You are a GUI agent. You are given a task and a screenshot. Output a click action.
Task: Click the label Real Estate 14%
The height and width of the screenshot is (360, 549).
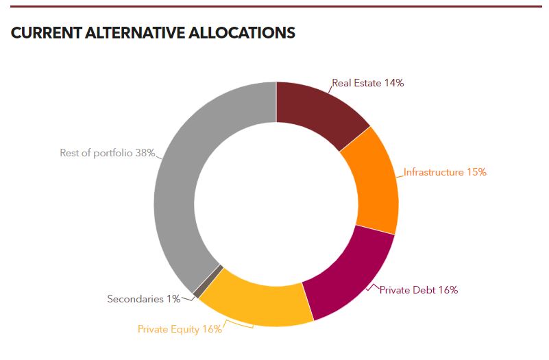click(368, 83)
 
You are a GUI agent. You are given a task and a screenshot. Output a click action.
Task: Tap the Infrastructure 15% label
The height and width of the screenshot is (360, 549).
click(445, 172)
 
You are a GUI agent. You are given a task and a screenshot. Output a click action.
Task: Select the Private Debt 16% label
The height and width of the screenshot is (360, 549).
click(418, 290)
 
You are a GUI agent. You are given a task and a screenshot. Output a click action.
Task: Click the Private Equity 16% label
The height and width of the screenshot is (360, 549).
click(180, 329)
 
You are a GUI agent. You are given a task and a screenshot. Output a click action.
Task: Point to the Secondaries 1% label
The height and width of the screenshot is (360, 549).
click(143, 299)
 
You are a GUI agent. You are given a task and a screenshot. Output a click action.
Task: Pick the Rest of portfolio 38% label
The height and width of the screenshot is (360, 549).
click(107, 153)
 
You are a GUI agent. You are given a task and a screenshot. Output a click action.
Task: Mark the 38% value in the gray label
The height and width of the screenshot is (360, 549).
click(145, 153)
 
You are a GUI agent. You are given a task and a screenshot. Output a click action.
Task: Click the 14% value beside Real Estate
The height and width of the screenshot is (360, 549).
click(394, 83)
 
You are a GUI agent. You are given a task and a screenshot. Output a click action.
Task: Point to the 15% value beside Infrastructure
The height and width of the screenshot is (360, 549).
click(476, 172)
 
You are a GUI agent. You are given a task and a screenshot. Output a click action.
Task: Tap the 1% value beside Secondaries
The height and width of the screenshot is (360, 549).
click(172, 299)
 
